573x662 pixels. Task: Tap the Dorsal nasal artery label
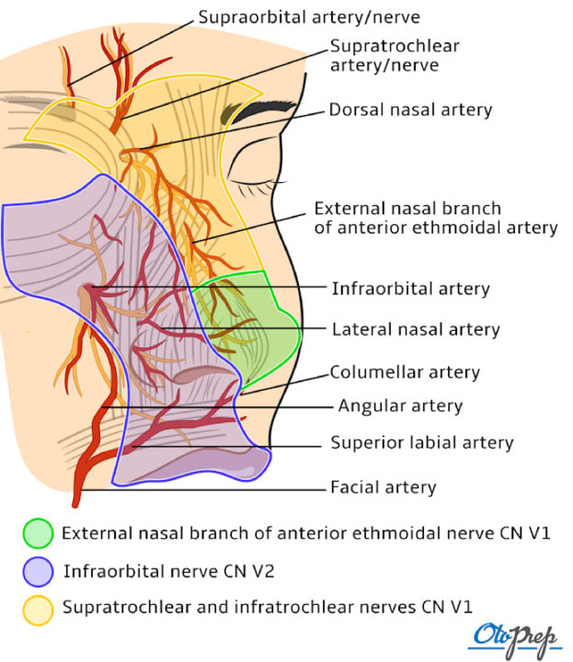tap(410, 110)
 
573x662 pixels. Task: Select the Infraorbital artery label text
tap(410, 289)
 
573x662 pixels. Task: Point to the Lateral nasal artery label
tap(415, 328)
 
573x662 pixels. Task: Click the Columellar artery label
tap(406, 372)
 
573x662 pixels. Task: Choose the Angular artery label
tap(400, 405)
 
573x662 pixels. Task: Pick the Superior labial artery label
tap(421, 443)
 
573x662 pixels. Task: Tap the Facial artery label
tap(383, 487)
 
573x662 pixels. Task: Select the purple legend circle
tap(38, 572)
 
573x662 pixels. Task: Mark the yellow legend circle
tap(38, 609)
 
